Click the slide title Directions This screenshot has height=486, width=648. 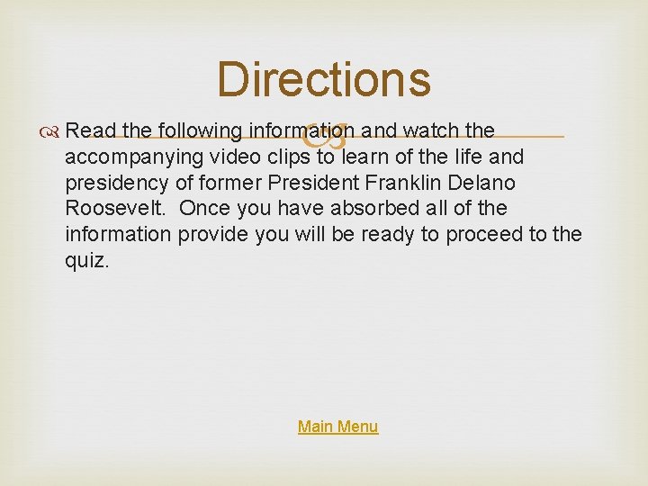point(324,79)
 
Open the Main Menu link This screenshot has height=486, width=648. point(337,427)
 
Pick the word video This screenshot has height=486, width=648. point(233,157)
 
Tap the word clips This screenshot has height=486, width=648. point(287,157)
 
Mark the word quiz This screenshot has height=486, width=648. point(86,260)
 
